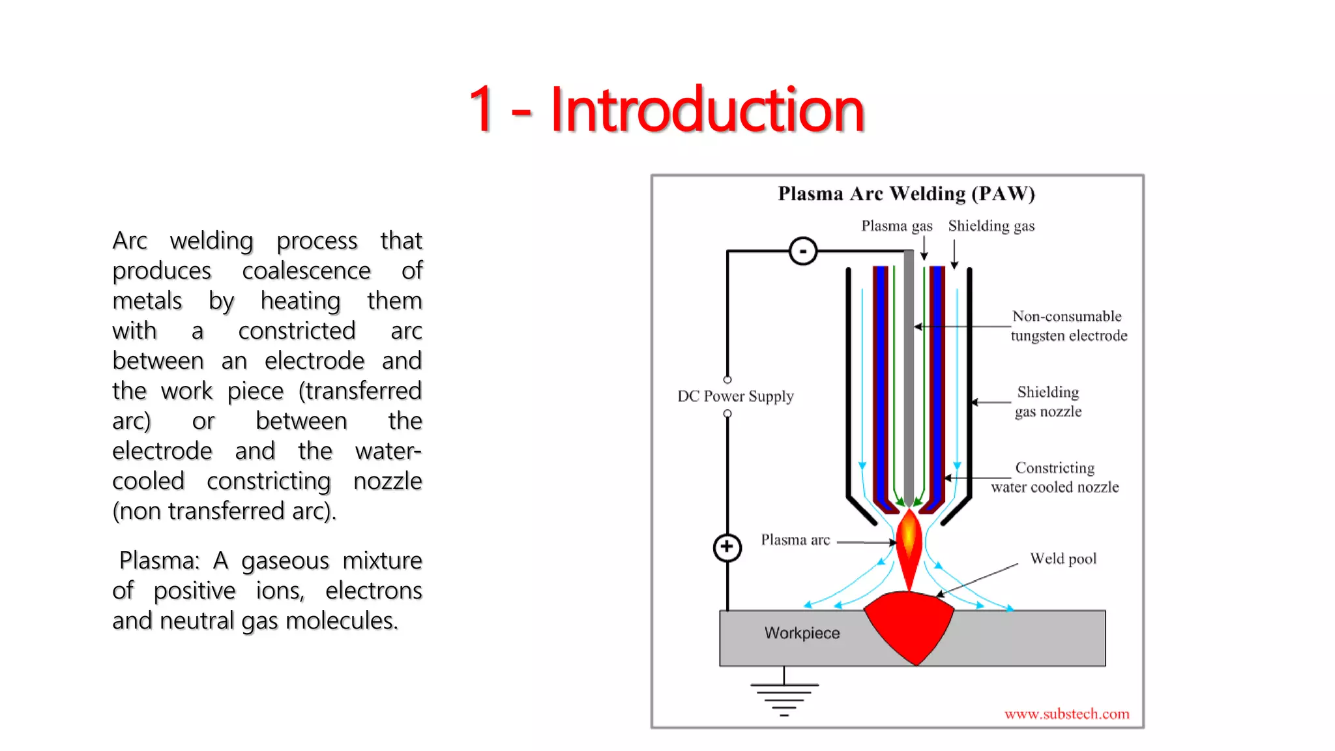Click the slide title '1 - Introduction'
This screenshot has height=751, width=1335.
coord(666,109)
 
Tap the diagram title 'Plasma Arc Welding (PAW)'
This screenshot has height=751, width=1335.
coord(906,194)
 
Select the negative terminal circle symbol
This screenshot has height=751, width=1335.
coord(802,251)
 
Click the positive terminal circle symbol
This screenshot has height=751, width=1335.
coord(727,547)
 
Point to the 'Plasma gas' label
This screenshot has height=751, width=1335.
coord(896,226)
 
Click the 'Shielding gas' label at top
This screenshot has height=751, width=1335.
coord(991,226)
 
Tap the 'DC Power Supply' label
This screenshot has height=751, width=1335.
coord(735,396)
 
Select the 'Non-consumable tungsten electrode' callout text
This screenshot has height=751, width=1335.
coord(1068,326)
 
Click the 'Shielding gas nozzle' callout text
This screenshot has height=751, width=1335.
coord(1048,402)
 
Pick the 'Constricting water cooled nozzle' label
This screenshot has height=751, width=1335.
coord(1055,477)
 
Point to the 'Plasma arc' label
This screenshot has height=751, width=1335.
coord(795,540)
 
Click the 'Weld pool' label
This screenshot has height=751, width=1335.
coord(1063,559)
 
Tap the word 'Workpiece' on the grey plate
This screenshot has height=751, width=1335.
coord(802,633)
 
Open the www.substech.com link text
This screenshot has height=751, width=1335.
coord(1066,714)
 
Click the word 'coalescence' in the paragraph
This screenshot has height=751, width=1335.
coord(306,271)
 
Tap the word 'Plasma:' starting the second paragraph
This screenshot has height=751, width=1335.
coord(159,561)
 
